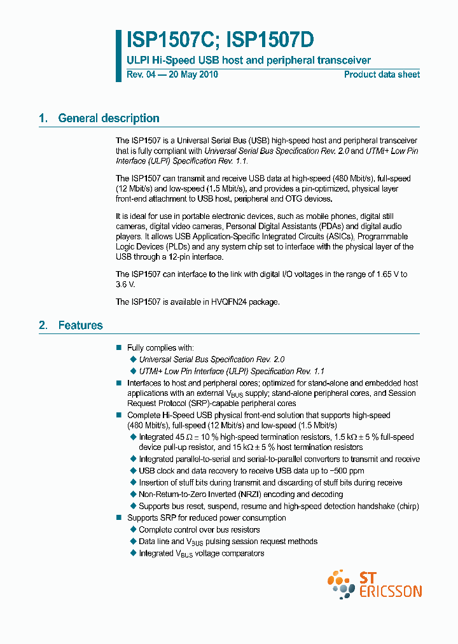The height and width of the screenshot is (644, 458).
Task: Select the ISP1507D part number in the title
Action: [266, 41]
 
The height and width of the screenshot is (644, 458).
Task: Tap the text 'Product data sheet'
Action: [382, 74]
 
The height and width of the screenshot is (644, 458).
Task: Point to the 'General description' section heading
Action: [108, 118]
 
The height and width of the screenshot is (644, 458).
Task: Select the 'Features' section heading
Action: [80, 325]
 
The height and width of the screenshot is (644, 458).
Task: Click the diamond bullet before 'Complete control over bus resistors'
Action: [133, 530]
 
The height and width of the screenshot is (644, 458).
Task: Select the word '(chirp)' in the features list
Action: [406, 507]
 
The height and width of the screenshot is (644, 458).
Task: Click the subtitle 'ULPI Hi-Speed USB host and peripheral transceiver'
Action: [249, 60]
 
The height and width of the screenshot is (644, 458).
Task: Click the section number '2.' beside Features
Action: [43, 325]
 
